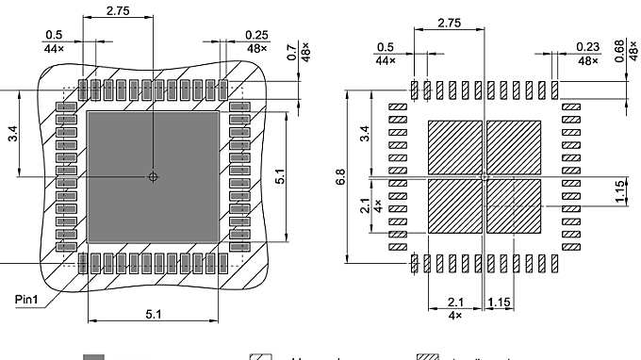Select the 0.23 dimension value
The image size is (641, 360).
(586, 48)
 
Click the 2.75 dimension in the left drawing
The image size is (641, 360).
(118, 11)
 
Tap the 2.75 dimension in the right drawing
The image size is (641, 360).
(449, 24)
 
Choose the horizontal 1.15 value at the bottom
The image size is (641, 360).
(501, 302)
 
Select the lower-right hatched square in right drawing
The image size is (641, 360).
(515, 206)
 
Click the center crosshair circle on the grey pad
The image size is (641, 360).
(154, 176)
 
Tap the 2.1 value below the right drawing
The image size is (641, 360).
(455, 302)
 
